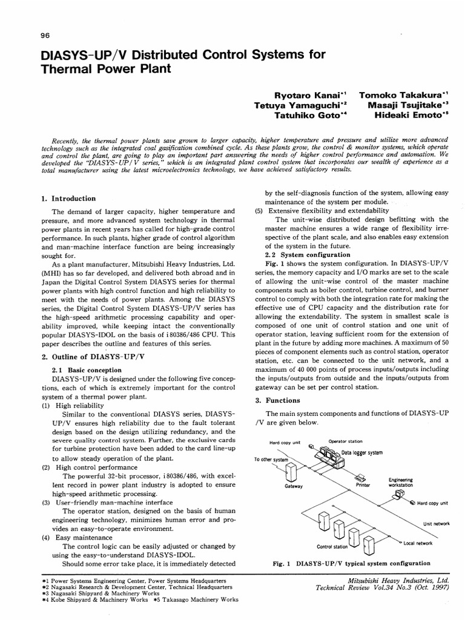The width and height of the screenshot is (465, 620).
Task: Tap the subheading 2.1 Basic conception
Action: point(87,370)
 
